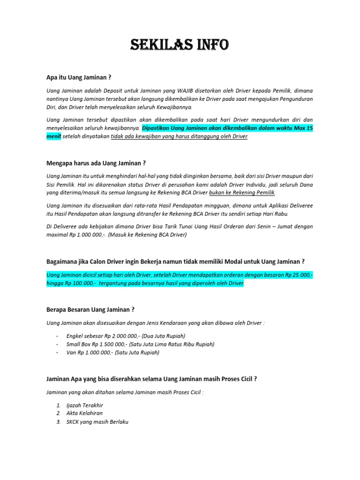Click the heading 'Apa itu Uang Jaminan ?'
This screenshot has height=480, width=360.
coord(79,77)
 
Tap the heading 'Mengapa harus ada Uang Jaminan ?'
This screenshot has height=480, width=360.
coord(96,163)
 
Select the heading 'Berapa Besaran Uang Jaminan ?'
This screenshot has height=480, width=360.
coord(90,309)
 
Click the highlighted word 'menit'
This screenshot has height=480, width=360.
coord(54,136)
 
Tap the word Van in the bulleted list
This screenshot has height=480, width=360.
coord(72,352)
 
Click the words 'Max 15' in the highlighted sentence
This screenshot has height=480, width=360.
coord(303,127)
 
